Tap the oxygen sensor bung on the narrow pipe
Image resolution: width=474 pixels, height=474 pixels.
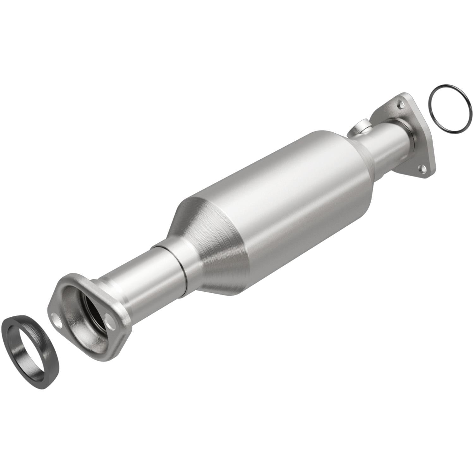(360, 128)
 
